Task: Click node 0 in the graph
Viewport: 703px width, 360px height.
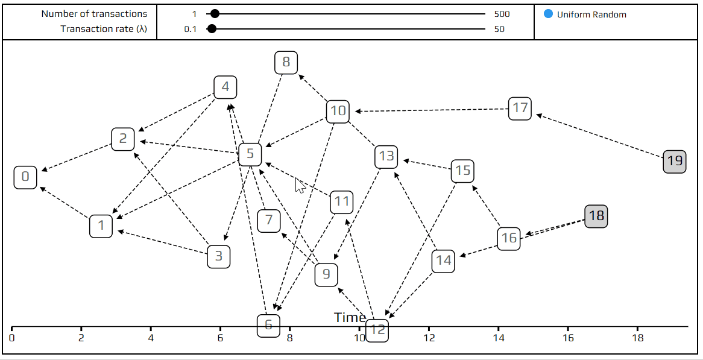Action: coord(25,177)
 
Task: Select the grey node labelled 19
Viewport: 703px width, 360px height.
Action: coord(674,162)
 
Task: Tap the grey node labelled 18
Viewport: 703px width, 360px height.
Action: coord(596,216)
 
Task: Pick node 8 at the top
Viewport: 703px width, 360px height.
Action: coord(286,62)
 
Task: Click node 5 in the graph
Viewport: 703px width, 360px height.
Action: coord(250,154)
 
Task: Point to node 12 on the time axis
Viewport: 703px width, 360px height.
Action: coord(377,330)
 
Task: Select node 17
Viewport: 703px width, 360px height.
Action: coord(520,109)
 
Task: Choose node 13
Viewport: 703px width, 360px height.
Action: coord(386,157)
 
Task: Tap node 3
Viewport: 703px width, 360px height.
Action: coord(218,257)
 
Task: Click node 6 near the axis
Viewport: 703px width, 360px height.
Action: coord(268,326)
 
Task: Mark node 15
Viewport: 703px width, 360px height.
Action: coord(462,171)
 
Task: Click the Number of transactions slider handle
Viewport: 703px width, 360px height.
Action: coord(214,14)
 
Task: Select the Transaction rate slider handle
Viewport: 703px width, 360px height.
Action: coord(212,29)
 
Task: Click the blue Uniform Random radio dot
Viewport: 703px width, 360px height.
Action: coord(548,14)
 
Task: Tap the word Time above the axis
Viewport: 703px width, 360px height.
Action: coord(350,318)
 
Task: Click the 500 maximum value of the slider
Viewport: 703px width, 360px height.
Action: coord(502,14)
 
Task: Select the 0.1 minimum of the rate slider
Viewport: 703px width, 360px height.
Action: coord(191,29)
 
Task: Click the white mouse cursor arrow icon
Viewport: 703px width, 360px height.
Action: coord(300,185)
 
